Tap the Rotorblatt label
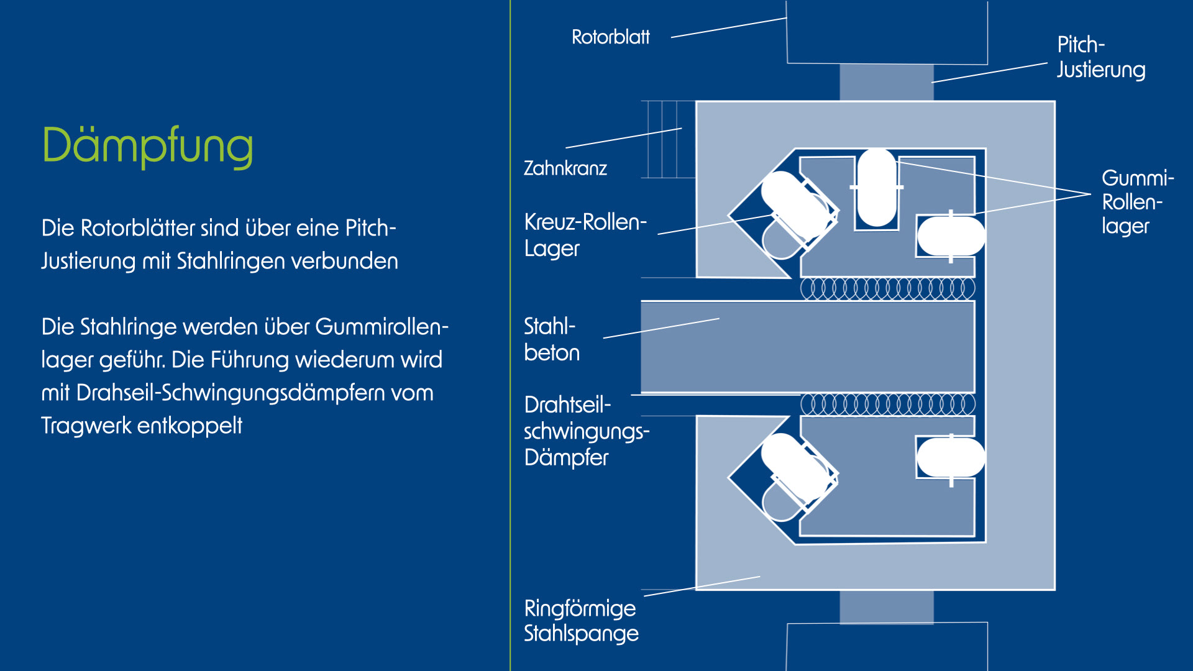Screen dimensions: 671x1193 click(x=610, y=37)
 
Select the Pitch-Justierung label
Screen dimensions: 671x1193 click(x=1100, y=57)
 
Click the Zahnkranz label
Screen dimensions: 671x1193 click(x=565, y=168)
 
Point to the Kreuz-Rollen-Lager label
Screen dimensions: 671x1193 click(x=585, y=235)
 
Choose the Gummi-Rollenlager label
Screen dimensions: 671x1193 click(x=1136, y=202)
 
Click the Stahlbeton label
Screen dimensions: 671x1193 click(x=551, y=339)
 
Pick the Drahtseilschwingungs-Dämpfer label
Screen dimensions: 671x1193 click(x=586, y=431)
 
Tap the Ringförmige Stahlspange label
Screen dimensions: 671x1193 click(x=580, y=621)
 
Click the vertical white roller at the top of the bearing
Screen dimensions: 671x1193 click(x=876, y=188)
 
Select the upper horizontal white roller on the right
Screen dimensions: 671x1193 click(x=951, y=236)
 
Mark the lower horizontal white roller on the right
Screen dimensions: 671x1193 click(x=951, y=458)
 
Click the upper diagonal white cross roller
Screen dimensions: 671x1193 click(x=796, y=205)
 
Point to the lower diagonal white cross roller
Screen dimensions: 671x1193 click(x=796, y=467)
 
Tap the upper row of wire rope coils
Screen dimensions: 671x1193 click(x=887, y=288)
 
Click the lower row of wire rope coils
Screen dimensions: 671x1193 click(x=887, y=404)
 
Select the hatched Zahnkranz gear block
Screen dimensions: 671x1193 click(x=668, y=139)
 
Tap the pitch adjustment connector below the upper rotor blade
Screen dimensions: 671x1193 click(x=886, y=82)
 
